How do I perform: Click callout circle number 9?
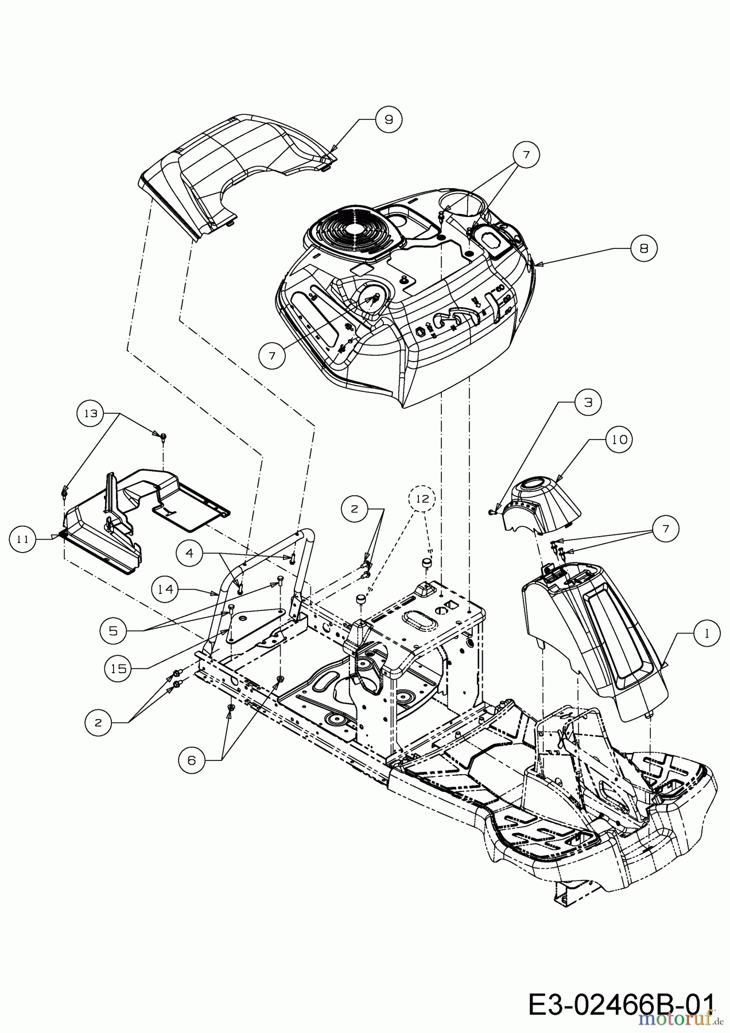point(389,119)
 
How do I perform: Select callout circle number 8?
point(643,248)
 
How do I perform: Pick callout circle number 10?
point(618,440)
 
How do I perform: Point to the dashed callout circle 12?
point(422,499)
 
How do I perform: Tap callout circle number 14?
point(166,589)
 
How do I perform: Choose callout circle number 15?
point(119,668)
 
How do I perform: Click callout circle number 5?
point(113,630)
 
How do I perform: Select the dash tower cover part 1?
point(597,637)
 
